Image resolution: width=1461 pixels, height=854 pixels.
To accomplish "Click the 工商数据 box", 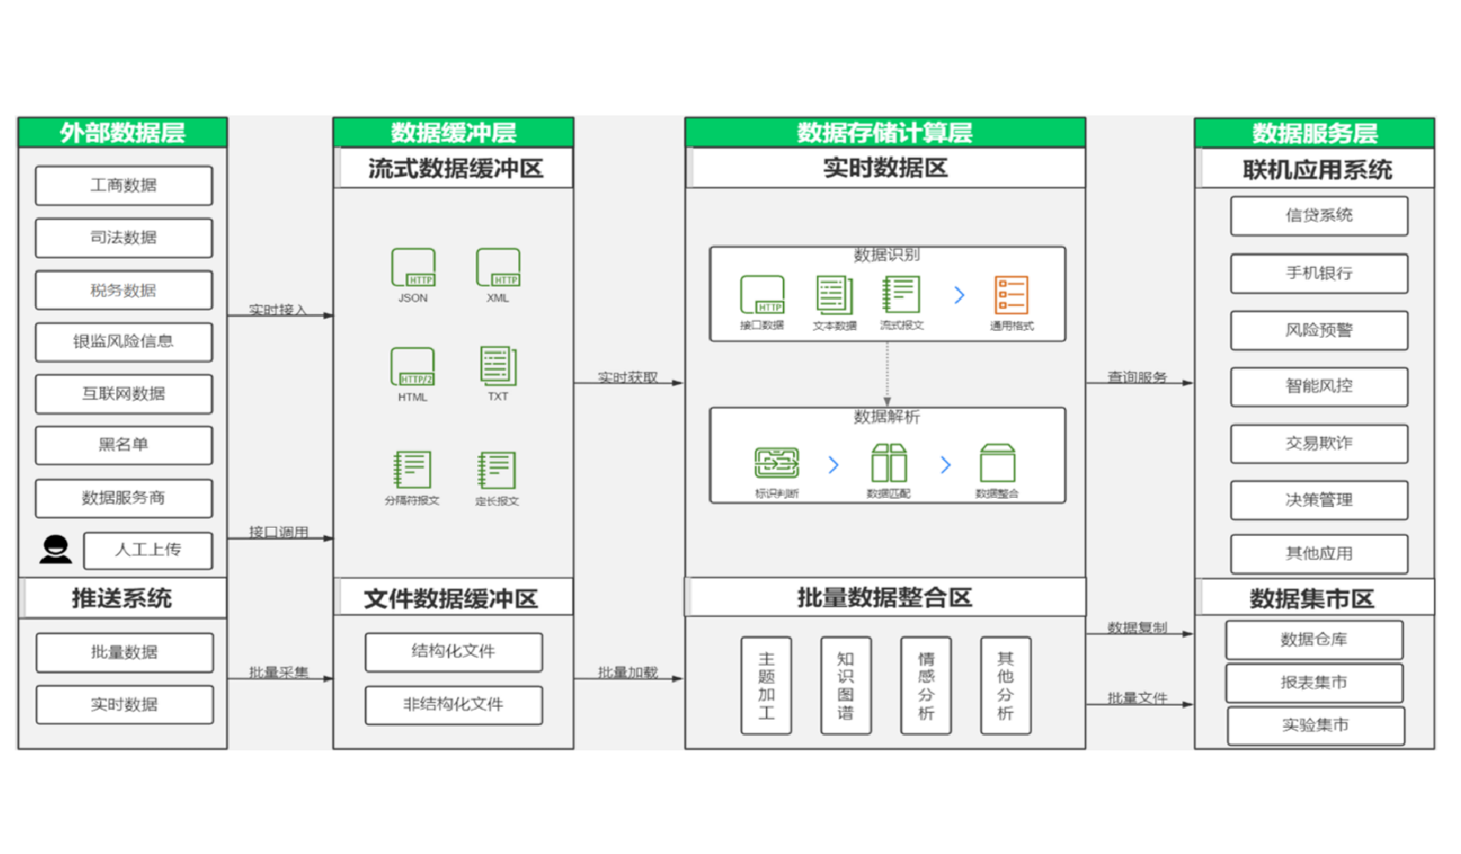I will coord(124,185).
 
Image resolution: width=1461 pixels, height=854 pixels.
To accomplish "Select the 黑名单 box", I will coord(124,445).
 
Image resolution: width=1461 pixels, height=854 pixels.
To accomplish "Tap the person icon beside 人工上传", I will coord(56,550).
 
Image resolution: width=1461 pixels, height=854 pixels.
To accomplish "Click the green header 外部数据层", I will coord(123,133).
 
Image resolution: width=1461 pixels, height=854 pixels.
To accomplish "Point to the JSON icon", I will coord(413,268).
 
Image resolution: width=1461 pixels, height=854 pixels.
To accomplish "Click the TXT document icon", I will coord(498,366).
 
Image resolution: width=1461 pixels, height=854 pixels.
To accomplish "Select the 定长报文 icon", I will coord(497,471).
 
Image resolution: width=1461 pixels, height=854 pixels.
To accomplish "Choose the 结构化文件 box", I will coord(453,651).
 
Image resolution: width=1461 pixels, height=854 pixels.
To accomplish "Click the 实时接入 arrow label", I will coord(277,310).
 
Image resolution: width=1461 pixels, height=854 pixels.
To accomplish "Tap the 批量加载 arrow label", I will coord(627,672).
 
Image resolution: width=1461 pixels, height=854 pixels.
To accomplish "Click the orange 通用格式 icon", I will coord(1011,295).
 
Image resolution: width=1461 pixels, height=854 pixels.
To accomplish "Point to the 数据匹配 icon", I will coord(889,463).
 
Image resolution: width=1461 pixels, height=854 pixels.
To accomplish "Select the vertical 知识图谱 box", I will coord(846,685).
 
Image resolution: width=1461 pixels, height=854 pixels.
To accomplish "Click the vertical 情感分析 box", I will coord(926,685).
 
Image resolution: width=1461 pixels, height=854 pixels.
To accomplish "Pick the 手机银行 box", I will coord(1318,273).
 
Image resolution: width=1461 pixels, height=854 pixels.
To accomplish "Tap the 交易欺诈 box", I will coord(1318,443).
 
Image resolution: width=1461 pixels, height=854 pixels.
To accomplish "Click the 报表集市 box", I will coord(1314,682).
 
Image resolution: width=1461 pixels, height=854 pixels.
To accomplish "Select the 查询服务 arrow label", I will coord(1137,377).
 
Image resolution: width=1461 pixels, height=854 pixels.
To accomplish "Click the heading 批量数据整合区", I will coord(885,598).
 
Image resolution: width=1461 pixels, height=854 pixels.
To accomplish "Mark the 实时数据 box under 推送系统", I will coord(124,704).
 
